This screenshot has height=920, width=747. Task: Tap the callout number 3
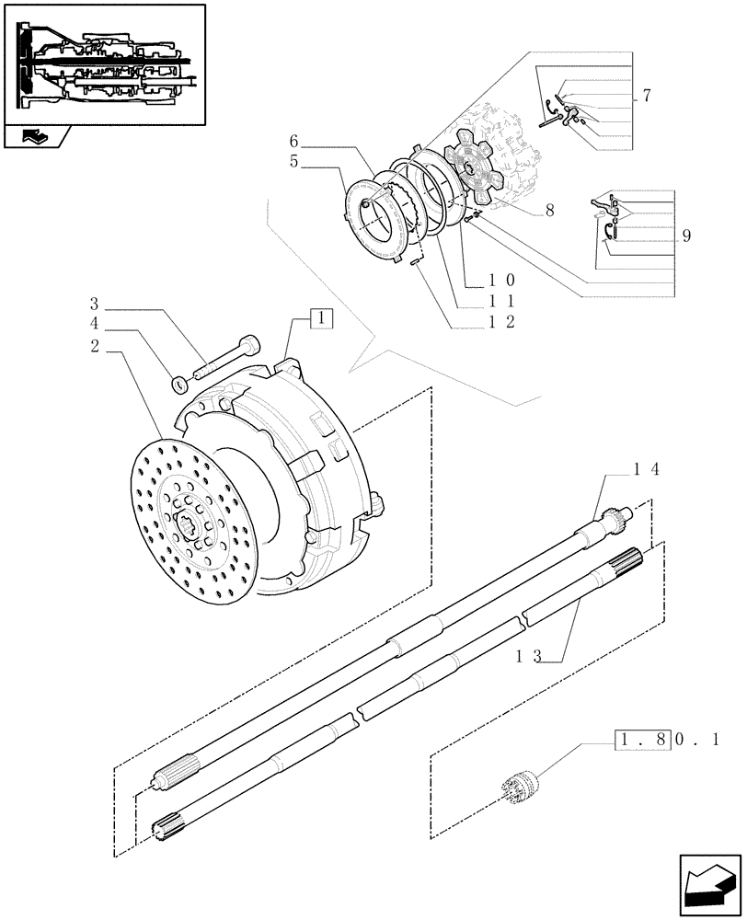point(95,304)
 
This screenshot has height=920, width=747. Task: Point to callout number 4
point(95,324)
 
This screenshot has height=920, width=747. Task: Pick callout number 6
point(294,141)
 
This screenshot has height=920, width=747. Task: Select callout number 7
point(647,97)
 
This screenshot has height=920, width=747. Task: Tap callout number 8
point(549,211)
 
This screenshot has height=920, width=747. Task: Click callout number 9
point(686,236)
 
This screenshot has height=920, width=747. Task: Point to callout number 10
point(501,280)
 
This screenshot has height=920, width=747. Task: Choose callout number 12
point(501,321)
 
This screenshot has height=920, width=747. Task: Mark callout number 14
point(643,469)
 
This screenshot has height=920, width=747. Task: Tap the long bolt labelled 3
point(225,360)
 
